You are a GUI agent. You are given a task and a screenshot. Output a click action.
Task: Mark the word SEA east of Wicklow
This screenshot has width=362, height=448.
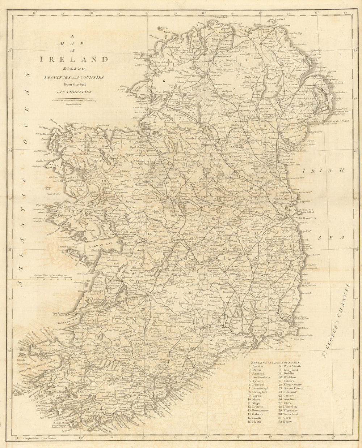330,238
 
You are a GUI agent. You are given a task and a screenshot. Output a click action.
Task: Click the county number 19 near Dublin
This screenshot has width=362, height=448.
286,208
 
